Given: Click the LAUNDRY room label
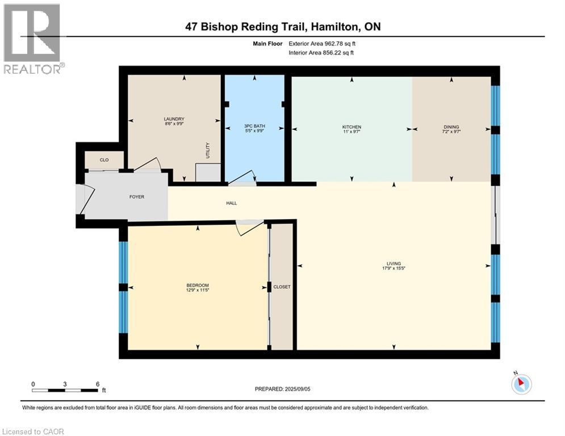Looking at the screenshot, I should click(x=174, y=119).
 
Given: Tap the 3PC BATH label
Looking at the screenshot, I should click(x=254, y=126).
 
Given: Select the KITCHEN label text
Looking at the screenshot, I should click(x=351, y=127).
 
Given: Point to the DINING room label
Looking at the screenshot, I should click(x=451, y=127).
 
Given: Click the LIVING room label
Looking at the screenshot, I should click(x=394, y=263).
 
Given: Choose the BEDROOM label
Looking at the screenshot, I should click(x=198, y=285).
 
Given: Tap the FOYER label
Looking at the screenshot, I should click(x=136, y=197).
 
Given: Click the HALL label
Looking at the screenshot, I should click(x=231, y=203).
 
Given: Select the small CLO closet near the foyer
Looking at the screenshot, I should click(x=104, y=160).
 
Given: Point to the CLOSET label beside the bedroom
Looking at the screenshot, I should click(x=281, y=287).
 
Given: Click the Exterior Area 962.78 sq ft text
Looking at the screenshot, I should click(x=326, y=43).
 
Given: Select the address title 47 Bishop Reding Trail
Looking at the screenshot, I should click(x=282, y=27).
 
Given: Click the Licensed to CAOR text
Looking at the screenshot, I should click(x=34, y=431).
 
